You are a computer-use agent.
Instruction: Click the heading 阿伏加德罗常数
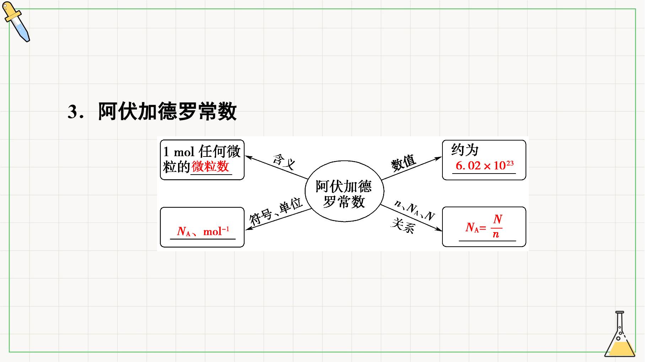[x=167, y=111]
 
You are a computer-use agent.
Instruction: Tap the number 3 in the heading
[x=72, y=112]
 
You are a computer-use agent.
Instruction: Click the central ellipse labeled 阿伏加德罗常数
[x=344, y=191]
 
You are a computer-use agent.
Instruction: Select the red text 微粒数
[x=210, y=166]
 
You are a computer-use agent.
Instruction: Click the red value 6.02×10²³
[x=484, y=165]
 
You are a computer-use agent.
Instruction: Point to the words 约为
[x=465, y=150]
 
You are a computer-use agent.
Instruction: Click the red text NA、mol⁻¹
[x=203, y=231]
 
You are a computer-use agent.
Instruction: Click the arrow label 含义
[x=284, y=162]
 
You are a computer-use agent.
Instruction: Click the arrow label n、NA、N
[x=415, y=210]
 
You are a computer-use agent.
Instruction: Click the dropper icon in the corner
[x=16, y=22]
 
